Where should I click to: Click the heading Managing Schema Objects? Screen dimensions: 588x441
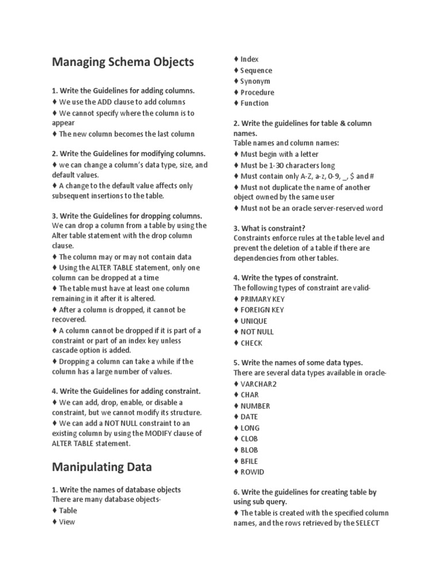tap(123, 62)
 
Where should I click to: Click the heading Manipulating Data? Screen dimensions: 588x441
tap(102, 467)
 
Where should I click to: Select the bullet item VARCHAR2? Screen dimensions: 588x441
tap(258, 384)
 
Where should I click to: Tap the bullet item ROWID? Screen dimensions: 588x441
tap(252, 472)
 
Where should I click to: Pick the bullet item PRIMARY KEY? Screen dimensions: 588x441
tap(262, 299)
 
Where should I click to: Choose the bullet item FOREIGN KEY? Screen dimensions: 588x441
tap(262, 310)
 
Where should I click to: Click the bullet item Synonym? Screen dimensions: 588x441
tap(255, 81)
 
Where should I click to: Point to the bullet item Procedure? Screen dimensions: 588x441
tap(257, 92)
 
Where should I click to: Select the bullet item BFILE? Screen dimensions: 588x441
tap(249, 461)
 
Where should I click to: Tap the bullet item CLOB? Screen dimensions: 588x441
tap(249, 439)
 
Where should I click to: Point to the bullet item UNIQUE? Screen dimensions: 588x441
tap(253, 321)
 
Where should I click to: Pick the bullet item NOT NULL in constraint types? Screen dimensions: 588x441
tap(257, 332)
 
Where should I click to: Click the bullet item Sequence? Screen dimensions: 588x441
tap(256, 70)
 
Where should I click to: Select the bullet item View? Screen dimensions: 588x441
tap(67, 522)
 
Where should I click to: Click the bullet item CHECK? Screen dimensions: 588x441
tap(251, 343)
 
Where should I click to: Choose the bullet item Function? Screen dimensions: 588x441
tap(254, 103)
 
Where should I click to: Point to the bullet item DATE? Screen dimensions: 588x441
tap(249, 417)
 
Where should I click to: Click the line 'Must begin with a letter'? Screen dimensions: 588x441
tap(279, 154)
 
